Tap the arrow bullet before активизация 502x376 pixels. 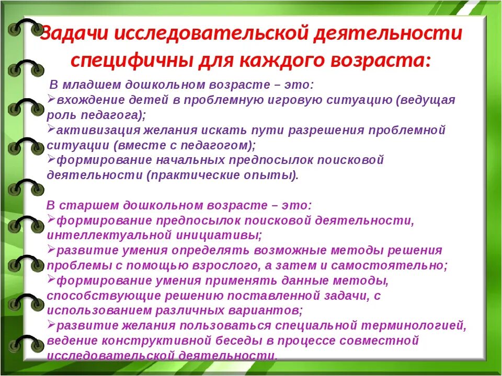click(51, 128)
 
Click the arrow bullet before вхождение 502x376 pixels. click(51, 98)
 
